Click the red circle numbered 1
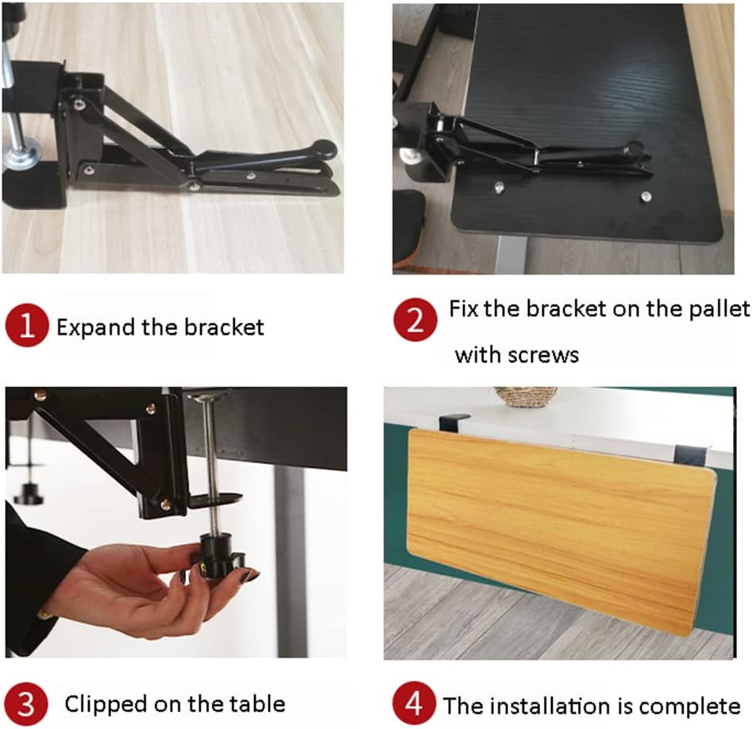pyautogui.click(x=28, y=328)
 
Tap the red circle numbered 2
pyautogui.click(x=416, y=320)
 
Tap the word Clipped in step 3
pyautogui.click(x=106, y=704)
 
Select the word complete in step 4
pyautogui.click(x=688, y=705)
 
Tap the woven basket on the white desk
pyautogui.click(x=526, y=396)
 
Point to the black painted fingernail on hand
pyautogui.click(x=250, y=577)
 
